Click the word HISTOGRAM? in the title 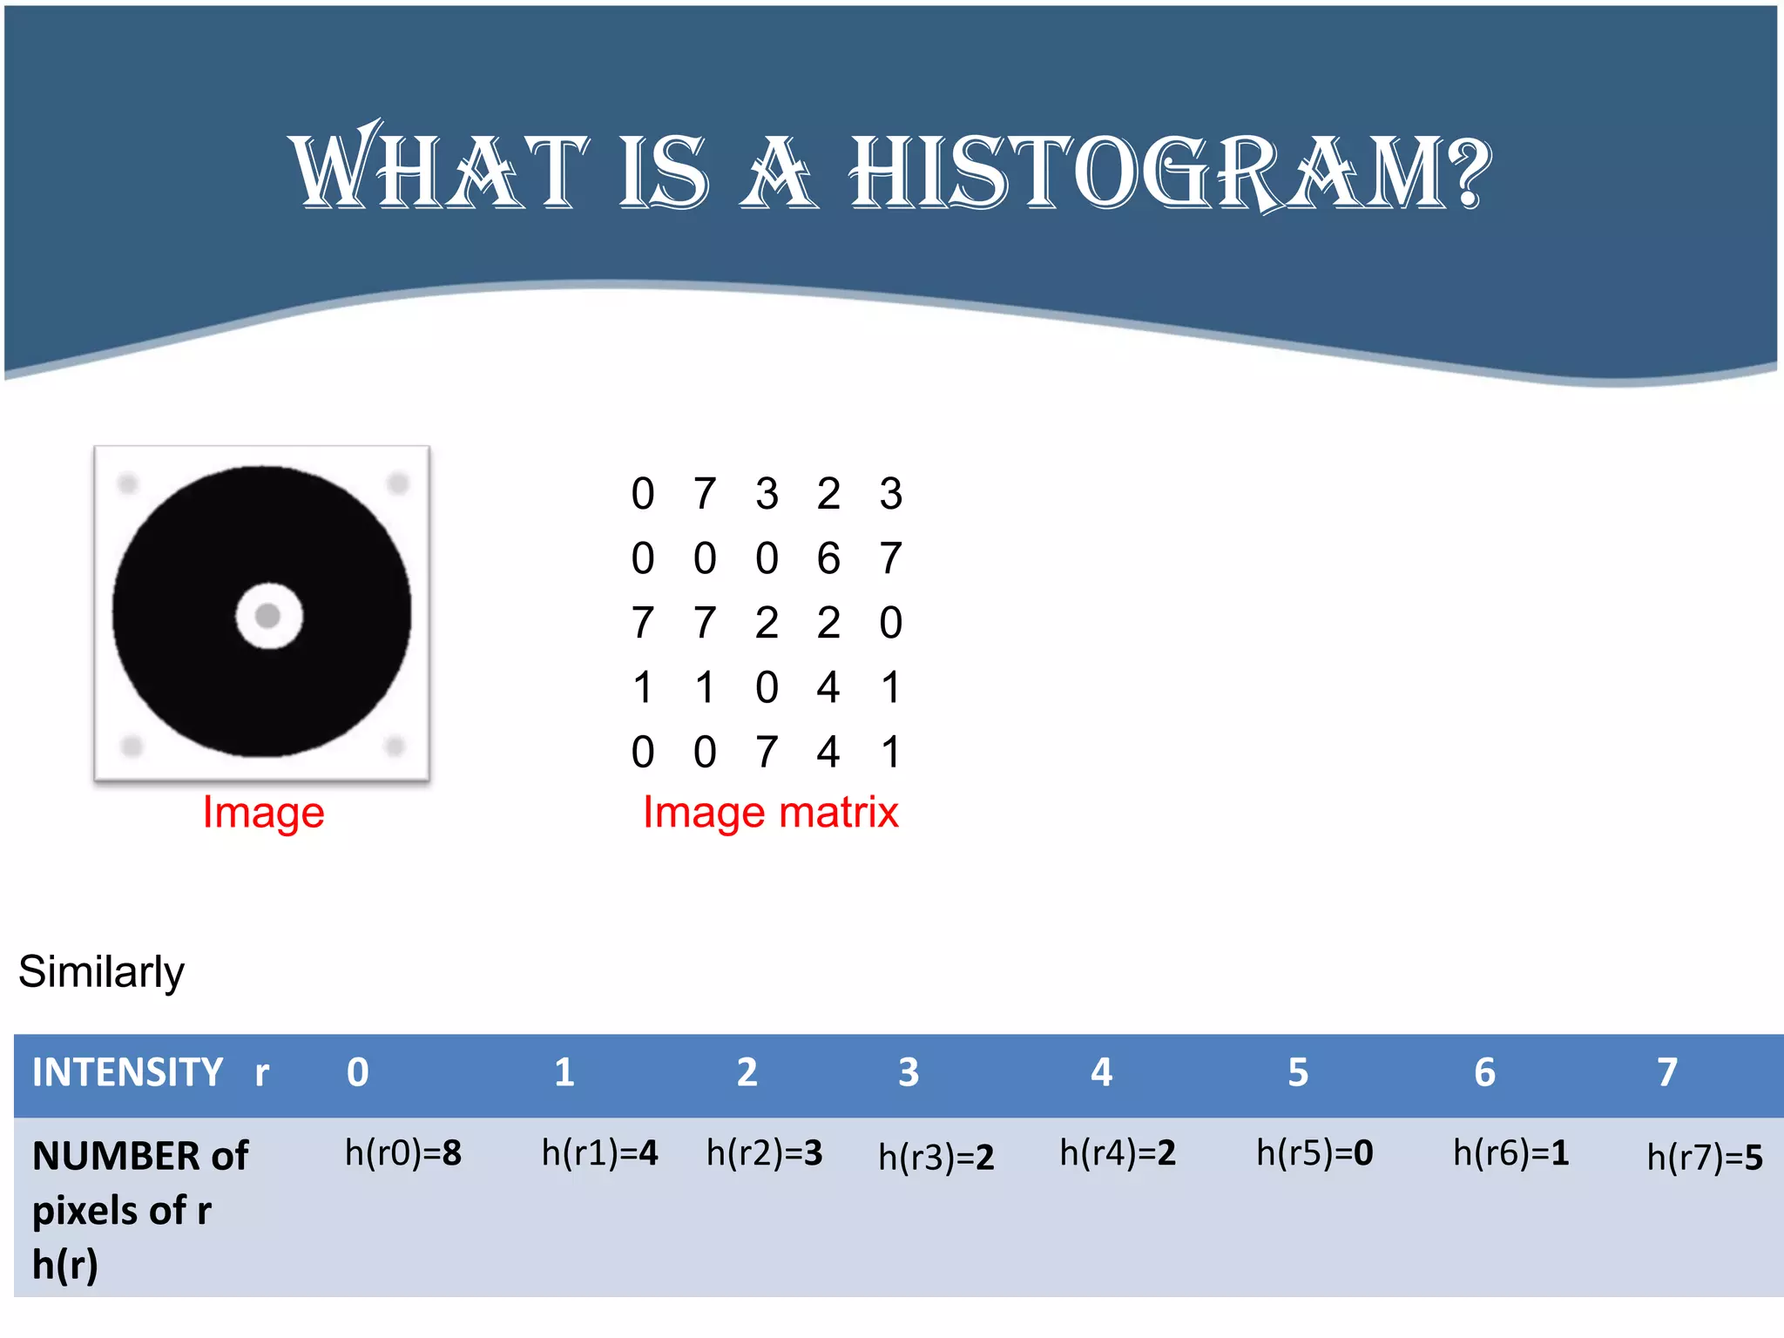[x=1170, y=172]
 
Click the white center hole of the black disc [x=268, y=616]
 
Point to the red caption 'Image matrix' [x=770, y=812]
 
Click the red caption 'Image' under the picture [x=263, y=812]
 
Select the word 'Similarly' [x=101, y=971]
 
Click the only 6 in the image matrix [x=828, y=558]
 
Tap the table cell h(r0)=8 [x=402, y=1153]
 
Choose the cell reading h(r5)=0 [x=1314, y=1153]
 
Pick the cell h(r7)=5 [x=1704, y=1158]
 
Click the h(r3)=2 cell [x=936, y=1158]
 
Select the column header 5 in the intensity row [x=1298, y=1072]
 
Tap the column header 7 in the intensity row [x=1666, y=1072]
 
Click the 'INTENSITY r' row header [x=150, y=1072]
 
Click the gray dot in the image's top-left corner [x=128, y=483]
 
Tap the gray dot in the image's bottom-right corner [x=395, y=746]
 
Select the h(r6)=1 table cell [x=1510, y=1153]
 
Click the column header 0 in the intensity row [x=357, y=1072]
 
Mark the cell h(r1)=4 [x=599, y=1153]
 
